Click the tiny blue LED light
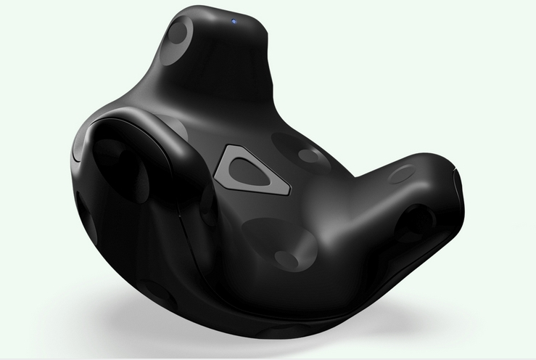coord(236,21)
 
